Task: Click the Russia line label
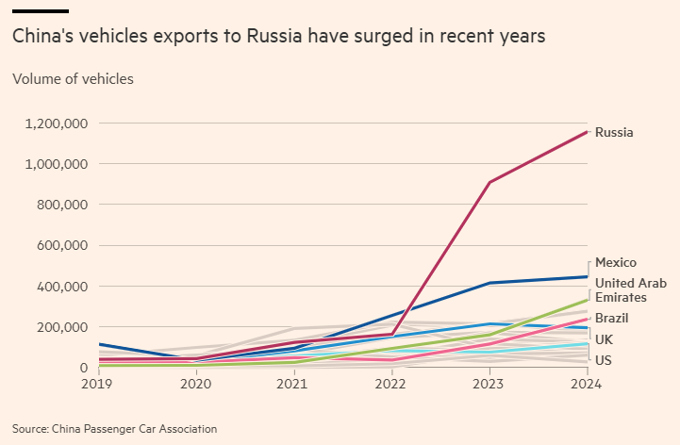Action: [614, 132]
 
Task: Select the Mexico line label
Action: [616, 262]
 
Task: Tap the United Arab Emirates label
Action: [630, 290]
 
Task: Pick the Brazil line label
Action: [612, 318]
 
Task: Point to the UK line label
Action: [605, 338]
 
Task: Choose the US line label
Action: [605, 360]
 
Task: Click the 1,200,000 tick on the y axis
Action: [58, 124]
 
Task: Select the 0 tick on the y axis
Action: [84, 368]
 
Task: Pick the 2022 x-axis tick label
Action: [391, 385]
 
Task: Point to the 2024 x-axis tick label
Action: [587, 385]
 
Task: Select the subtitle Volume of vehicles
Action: [73, 78]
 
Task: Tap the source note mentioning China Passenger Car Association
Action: [114, 429]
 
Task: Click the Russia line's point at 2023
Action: [489, 182]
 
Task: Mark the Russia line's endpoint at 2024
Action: [587, 132]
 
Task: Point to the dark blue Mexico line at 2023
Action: [489, 283]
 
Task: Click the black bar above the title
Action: [40, 10]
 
